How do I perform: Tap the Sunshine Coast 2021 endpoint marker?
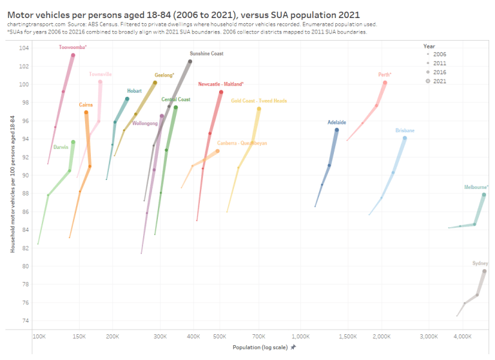pyautogui.click(x=190, y=61)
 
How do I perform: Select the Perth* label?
pyautogui.click(x=385, y=75)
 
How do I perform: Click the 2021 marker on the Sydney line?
pyautogui.click(x=484, y=272)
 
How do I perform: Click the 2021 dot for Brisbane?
pyautogui.click(x=405, y=138)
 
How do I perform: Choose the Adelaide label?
pyautogui.click(x=336, y=122)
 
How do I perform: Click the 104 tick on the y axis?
pyautogui.click(x=24, y=48)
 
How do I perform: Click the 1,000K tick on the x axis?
pyautogui.click(x=300, y=337)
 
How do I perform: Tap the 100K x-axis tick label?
pyautogui.click(x=39, y=337)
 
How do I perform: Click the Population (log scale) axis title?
pyautogui.click(x=260, y=347)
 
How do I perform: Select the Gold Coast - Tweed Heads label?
pyautogui.click(x=258, y=101)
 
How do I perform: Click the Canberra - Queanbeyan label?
pyautogui.click(x=242, y=143)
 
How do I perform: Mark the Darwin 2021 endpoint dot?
pyautogui.click(x=73, y=142)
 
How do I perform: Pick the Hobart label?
pyautogui.click(x=135, y=91)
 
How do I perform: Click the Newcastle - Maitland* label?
pyautogui.click(x=220, y=84)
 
